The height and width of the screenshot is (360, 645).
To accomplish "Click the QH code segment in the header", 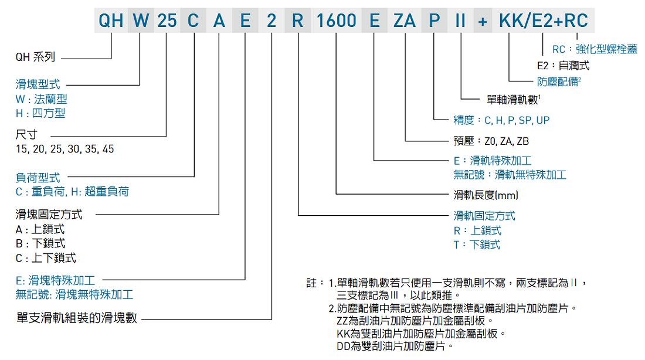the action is tap(111, 21).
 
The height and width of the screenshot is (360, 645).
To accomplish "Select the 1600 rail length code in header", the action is tap(336, 21).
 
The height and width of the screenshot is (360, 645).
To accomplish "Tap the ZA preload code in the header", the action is tap(405, 21).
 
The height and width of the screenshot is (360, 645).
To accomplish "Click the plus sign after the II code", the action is tap(483, 21).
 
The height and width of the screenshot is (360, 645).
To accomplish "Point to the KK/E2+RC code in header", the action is tap(544, 21).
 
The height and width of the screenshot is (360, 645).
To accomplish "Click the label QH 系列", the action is tap(35, 57).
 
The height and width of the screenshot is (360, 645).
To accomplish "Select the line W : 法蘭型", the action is tap(41, 99).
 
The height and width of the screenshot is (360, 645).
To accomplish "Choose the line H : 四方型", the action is tap(40, 113).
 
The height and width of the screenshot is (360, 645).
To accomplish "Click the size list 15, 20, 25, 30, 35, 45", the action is tap(64, 149).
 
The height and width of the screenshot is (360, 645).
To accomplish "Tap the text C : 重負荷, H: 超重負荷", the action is tap(72, 192).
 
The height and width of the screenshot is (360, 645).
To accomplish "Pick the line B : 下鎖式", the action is tap(40, 243).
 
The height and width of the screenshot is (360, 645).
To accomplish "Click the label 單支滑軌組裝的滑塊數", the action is tap(76, 318).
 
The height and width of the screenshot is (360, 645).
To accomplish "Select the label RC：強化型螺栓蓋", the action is tap(595, 49).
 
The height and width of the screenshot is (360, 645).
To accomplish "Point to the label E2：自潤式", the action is tap(563, 66).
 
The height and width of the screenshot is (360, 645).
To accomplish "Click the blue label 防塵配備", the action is tap(559, 81).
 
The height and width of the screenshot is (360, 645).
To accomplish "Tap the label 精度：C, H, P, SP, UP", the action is tap(501, 120).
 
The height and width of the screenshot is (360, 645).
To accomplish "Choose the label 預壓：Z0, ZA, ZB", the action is tap(491, 141).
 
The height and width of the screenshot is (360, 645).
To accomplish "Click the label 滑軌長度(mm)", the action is tap(486, 195).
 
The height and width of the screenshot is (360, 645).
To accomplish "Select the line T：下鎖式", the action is tap(477, 245).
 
